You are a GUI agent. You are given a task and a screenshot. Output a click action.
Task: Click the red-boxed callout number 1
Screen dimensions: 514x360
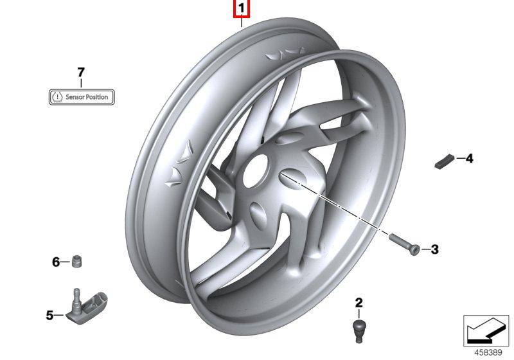click(x=242, y=9)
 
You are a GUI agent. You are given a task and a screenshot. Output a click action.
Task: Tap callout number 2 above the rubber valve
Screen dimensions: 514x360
click(x=359, y=303)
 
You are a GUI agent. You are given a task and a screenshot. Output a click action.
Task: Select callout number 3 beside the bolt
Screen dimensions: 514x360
click(x=434, y=249)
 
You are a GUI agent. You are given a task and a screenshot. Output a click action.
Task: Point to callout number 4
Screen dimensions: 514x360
click(x=470, y=159)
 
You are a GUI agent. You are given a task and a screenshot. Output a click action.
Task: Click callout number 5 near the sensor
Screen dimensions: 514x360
click(x=49, y=316)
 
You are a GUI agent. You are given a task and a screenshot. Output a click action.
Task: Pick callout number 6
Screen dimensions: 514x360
click(x=56, y=262)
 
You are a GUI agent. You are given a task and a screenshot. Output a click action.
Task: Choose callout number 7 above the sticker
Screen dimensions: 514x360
click(x=81, y=73)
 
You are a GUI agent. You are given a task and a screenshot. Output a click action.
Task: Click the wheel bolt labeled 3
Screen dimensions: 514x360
click(x=405, y=244)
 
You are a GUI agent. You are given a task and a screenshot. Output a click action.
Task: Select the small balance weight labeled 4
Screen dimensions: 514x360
click(x=445, y=161)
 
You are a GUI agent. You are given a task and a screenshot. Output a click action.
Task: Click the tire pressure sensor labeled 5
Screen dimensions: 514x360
click(x=87, y=306)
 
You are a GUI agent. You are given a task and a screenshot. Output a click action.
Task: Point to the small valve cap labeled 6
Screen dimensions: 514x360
click(x=76, y=261)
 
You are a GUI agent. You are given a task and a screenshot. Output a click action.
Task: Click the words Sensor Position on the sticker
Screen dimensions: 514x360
click(x=87, y=97)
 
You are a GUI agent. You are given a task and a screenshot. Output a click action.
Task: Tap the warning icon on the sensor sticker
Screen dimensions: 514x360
click(x=57, y=97)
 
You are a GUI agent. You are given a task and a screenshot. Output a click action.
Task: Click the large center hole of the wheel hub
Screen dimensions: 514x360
click(x=256, y=171)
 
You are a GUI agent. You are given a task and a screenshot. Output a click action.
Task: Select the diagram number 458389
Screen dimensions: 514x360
click(x=488, y=352)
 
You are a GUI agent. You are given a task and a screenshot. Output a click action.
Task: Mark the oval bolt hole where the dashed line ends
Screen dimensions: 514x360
click(x=292, y=179)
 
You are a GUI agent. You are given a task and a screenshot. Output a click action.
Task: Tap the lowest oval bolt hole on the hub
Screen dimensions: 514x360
click(x=259, y=215)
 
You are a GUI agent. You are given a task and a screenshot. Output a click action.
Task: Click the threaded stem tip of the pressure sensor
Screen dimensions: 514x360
click(x=76, y=291)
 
